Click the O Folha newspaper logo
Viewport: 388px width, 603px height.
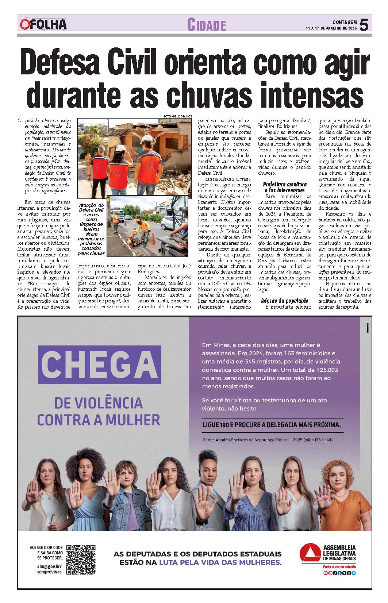coord(43,24)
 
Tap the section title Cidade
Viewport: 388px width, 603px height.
coord(207,25)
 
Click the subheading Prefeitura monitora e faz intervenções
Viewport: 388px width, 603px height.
coord(284,187)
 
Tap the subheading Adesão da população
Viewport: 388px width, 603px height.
coord(284,301)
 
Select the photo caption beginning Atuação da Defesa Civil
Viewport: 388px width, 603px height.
coord(91,229)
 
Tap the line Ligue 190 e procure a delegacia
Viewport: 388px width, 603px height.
coord(272,425)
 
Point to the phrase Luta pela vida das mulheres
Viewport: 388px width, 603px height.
coord(219,563)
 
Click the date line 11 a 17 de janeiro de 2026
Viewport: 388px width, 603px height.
coord(331,28)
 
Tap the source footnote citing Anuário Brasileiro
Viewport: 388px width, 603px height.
coord(268,440)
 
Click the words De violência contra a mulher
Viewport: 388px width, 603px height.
coord(99,411)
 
